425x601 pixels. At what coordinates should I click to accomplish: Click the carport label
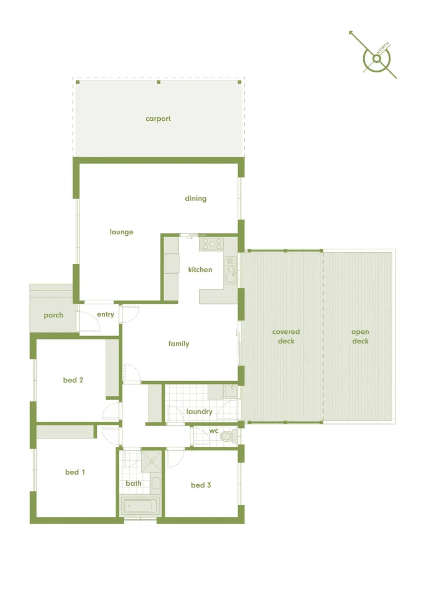[x=158, y=119]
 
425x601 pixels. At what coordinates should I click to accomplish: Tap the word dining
[x=195, y=198]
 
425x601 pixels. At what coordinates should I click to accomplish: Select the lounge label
[x=121, y=232]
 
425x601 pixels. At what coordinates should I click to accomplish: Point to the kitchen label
[x=200, y=269]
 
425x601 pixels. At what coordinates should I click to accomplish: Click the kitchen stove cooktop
[x=211, y=243]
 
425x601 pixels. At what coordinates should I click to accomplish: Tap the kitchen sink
[x=231, y=273]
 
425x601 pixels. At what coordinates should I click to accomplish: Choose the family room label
[x=179, y=344]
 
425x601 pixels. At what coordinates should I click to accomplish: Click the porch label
[x=53, y=315]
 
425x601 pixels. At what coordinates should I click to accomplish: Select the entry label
[x=105, y=314]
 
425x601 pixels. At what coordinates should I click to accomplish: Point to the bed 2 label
[x=73, y=380]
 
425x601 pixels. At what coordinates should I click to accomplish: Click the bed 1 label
[x=75, y=472]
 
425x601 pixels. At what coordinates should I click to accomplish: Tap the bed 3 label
[x=201, y=485]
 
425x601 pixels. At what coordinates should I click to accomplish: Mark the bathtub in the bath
[x=140, y=506]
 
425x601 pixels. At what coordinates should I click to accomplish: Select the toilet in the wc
[x=228, y=436]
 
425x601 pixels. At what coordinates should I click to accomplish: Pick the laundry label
[x=199, y=412]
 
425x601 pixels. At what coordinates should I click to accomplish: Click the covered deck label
[x=286, y=337]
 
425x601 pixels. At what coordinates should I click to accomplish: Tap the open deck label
[x=360, y=337]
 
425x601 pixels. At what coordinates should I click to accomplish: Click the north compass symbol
[x=377, y=58]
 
